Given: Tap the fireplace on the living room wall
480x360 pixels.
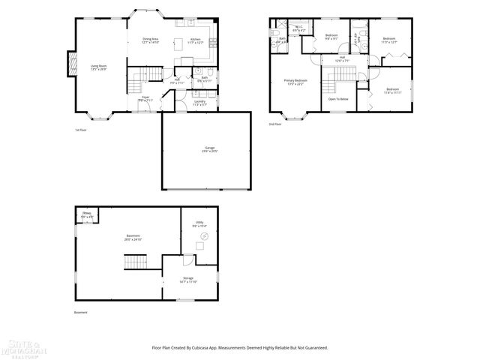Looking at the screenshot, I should (x=72, y=64).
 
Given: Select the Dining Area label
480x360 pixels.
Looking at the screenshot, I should (x=150, y=40).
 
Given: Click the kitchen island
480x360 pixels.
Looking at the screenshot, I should (x=180, y=43).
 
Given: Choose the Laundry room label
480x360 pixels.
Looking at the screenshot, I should (x=199, y=103).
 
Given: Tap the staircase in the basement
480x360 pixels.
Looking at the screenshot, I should (x=134, y=262).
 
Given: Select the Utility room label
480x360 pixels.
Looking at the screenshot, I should (x=199, y=223).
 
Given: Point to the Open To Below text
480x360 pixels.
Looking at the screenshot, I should (x=338, y=98).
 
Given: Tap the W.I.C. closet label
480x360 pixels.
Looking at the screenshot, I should (x=298, y=29).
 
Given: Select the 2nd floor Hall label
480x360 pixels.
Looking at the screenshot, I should (x=341, y=58).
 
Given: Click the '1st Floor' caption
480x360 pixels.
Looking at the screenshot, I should (x=81, y=129).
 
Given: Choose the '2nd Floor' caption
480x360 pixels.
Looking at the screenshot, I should (x=275, y=124).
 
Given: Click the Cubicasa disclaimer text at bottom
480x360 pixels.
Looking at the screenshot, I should (x=239, y=347).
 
